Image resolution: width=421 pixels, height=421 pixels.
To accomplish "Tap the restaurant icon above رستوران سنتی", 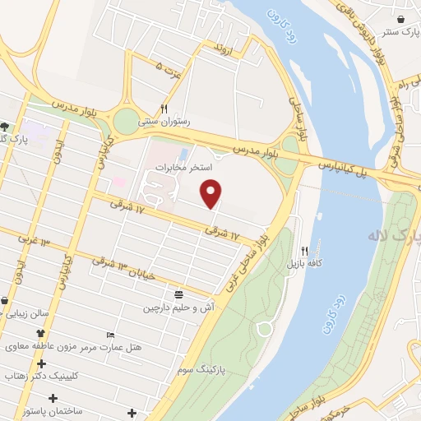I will pos(164,109).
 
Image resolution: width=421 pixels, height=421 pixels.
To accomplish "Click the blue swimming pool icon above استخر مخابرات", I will pos(183,154).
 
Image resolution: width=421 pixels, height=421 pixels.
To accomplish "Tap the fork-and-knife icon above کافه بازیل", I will pos(304,251).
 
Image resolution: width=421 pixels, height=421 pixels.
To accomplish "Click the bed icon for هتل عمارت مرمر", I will pos(111,335).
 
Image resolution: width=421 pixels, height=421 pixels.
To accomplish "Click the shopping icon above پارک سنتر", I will pos(400,18).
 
